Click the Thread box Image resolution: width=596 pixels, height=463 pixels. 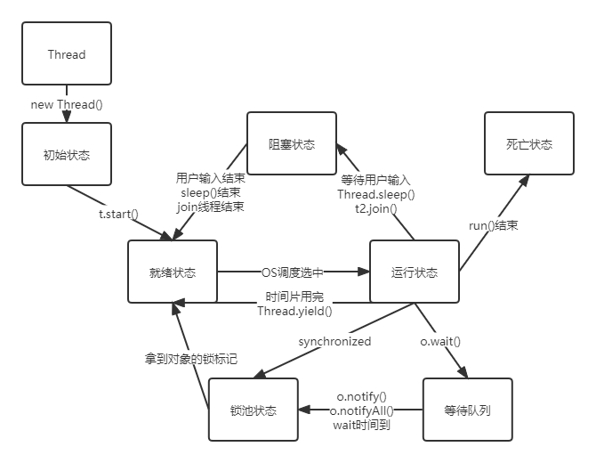point(67,54)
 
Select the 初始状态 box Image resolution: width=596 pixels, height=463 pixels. point(67,154)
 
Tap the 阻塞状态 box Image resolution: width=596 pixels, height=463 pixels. point(292,144)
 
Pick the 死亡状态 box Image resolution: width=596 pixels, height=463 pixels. point(529,143)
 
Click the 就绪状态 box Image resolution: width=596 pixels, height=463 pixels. point(173,272)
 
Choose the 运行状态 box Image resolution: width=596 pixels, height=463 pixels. point(415,272)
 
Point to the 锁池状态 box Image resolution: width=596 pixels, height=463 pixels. point(253,410)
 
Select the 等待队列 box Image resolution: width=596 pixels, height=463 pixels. point(468,410)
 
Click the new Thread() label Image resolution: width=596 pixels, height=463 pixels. point(67,104)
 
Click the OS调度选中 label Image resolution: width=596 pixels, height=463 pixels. point(293,272)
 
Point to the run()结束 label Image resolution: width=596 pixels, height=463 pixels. point(494,225)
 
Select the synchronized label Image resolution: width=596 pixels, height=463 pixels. point(334,340)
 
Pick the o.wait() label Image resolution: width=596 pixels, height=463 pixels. point(440,340)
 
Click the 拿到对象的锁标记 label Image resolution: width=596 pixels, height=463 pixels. point(191,358)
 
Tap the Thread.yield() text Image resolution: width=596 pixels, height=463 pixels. point(294,311)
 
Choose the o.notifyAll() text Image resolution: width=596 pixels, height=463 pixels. point(361,410)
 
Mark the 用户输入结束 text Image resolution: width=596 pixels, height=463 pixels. point(212,177)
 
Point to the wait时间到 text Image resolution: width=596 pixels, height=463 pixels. point(361,425)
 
